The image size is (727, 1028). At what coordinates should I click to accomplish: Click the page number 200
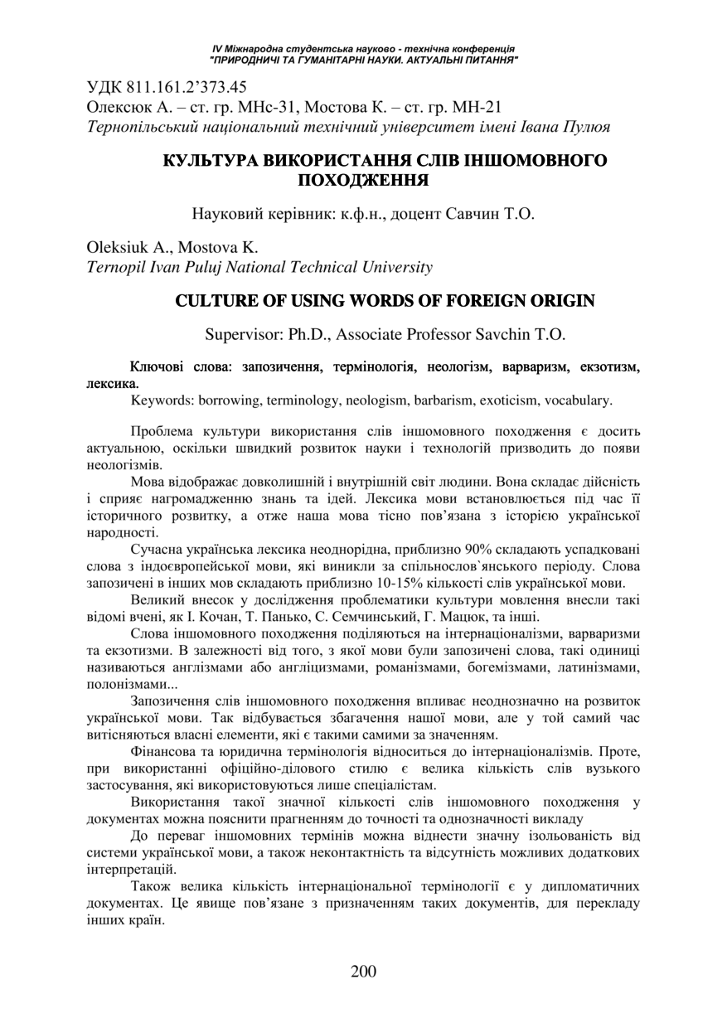(x=363, y=972)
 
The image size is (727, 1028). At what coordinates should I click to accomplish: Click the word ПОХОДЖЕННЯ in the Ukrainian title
(x=363, y=178)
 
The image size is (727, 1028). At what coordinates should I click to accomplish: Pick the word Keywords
(x=162, y=400)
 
